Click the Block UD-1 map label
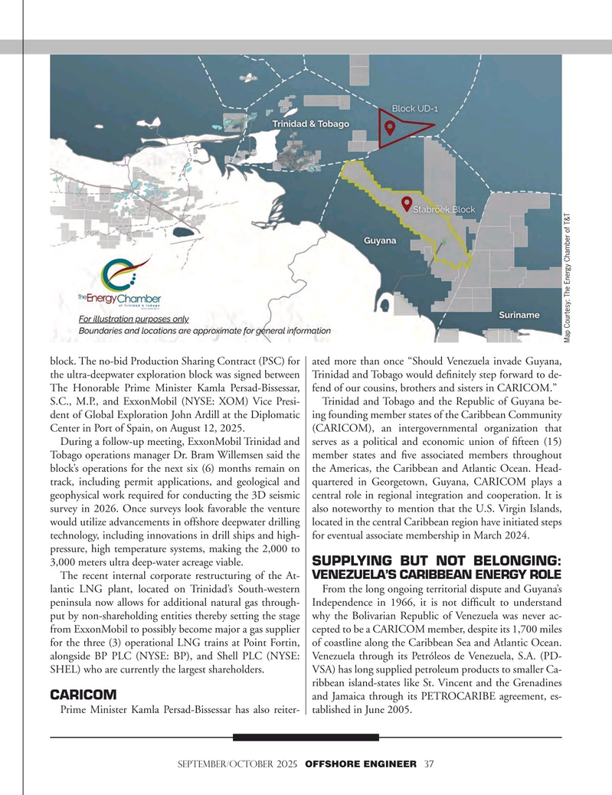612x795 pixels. pyautogui.click(x=417, y=108)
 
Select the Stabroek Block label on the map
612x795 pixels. pyautogui.click(x=445, y=208)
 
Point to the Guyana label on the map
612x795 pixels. pyautogui.click(x=380, y=240)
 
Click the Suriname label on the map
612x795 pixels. pyautogui.click(x=518, y=315)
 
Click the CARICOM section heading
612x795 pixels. pyautogui.click(x=83, y=695)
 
